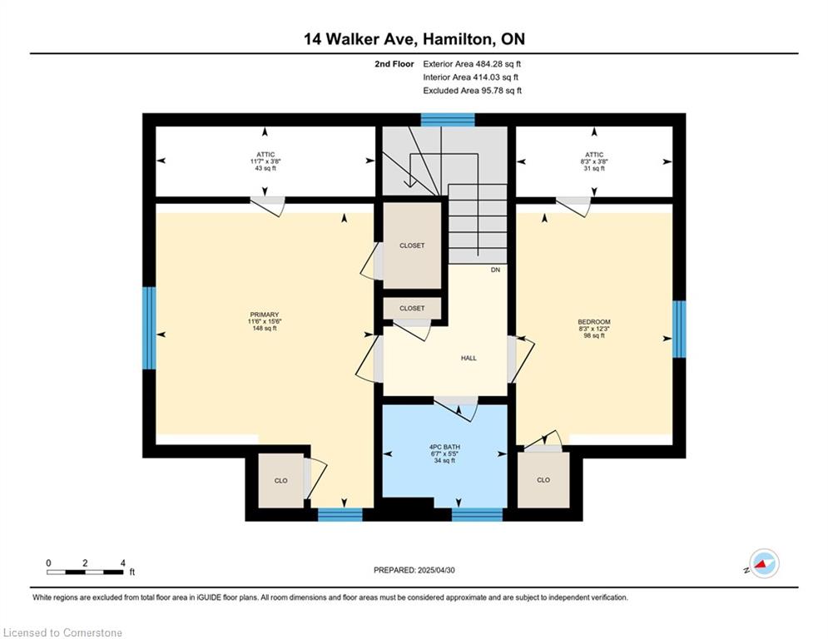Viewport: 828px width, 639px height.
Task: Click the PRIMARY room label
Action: point(264,315)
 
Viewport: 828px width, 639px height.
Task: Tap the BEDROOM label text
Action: point(594,322)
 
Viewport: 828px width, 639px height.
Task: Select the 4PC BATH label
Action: point(444,448)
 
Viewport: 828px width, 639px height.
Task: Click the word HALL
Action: point(469,358)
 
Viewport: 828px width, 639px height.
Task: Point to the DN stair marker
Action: point(495,270)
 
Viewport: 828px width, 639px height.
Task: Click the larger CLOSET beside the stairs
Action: point(412,245)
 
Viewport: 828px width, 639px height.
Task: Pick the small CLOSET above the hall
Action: point(412,309)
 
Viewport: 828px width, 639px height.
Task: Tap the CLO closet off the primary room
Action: point(281,481)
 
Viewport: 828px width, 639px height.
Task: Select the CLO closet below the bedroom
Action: point(543,480)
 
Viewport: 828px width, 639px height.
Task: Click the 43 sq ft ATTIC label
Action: point(265,161)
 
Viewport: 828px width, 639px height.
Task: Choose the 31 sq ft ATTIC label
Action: point(594,161)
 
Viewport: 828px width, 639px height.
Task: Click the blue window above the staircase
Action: point(448,120)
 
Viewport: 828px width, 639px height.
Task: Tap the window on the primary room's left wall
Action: point(150,328)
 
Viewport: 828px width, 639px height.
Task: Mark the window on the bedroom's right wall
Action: point(679,329)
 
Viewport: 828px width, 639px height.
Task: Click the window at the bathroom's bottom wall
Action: point(478,514)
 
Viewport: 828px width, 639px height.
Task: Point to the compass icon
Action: point(764,564)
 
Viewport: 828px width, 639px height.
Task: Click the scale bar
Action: point(85,572)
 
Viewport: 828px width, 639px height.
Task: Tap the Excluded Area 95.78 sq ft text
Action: point(472,91)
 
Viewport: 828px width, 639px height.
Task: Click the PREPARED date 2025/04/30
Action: point(436,570)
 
